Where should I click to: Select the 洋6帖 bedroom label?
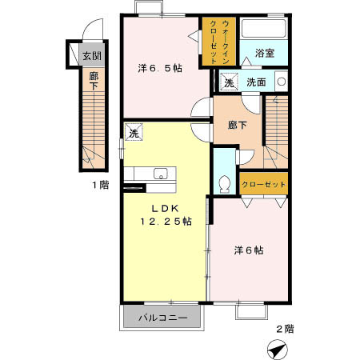[249, 250]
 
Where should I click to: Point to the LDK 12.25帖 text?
[166, 214]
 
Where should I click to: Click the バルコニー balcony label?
[162, 318]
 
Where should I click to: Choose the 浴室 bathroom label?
[265, 53]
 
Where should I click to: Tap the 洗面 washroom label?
[256, 82]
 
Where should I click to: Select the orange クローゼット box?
[264, 185]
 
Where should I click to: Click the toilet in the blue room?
[225, 182]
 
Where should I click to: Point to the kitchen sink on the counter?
[160, 173]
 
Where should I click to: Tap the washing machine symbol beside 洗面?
[229, 82]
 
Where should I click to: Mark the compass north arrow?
[276, 348]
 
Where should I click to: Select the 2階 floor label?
[285, 327]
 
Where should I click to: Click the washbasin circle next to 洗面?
[281, 81]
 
